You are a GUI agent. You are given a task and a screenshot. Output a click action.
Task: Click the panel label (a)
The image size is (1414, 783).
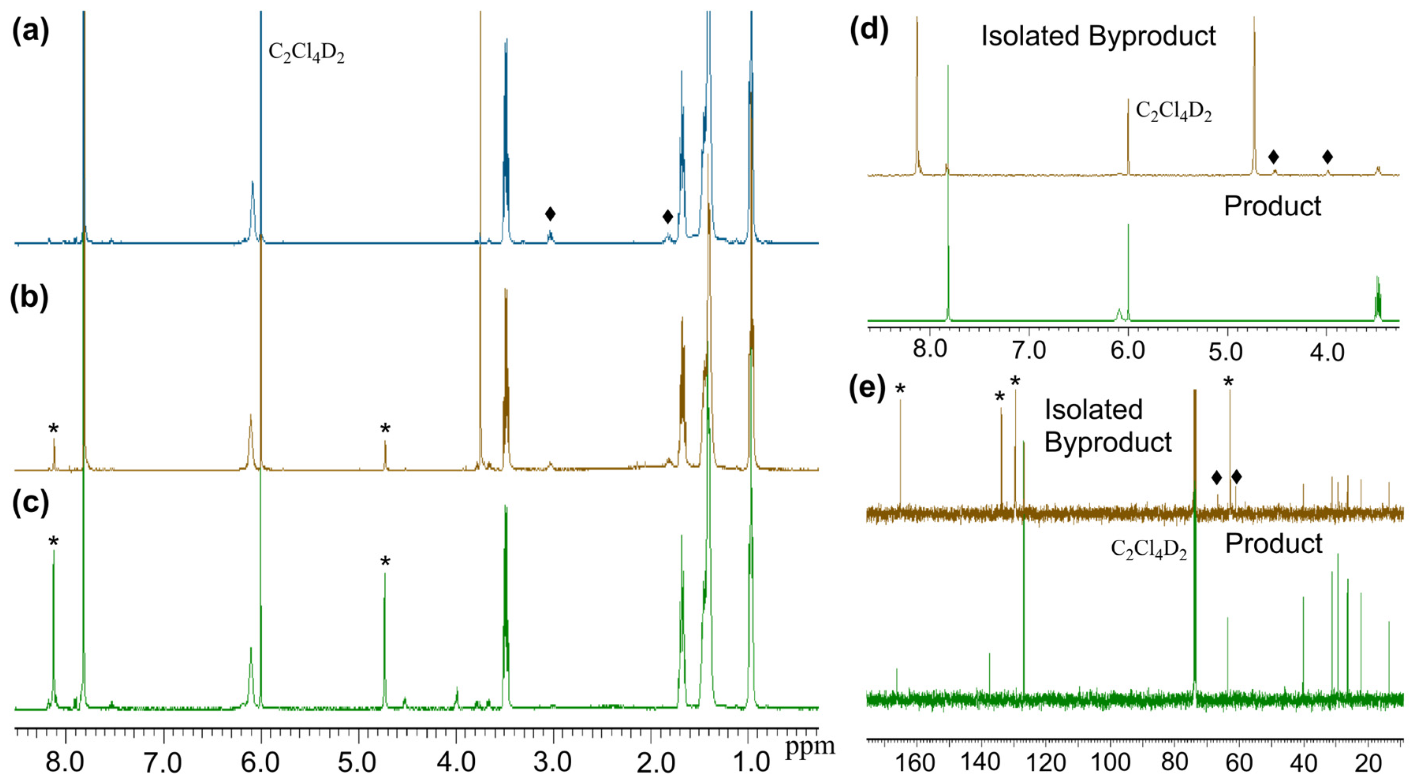(x=31, y=32)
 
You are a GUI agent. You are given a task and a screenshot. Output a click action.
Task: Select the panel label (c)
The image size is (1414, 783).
(x=30, y=503)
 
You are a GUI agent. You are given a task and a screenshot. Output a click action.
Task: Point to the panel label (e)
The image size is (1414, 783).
(x=867, y=388)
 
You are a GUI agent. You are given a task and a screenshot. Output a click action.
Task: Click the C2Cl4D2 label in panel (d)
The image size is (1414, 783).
(x=1173, y=112)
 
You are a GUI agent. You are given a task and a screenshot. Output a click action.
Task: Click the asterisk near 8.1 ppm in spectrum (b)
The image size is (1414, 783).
(x=53, y=429)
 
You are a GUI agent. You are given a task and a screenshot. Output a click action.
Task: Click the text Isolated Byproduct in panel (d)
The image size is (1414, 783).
(x=1099, y=36)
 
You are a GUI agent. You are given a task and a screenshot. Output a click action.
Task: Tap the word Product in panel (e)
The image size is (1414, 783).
(x=1274, y=544)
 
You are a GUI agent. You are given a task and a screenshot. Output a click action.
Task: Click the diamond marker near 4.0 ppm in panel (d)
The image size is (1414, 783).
(x=1327, y=157)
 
